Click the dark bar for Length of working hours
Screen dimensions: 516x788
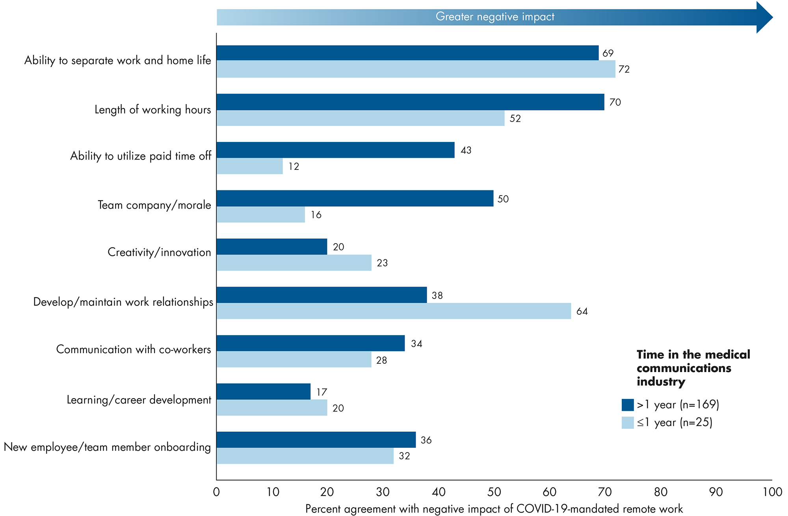(410, 102)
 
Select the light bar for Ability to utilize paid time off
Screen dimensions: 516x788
(250, 166)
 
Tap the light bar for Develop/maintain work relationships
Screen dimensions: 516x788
(394, 311)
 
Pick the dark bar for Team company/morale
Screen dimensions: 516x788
(355, 198)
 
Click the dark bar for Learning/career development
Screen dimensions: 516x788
(264, 391)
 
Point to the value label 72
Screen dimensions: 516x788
(624, 69)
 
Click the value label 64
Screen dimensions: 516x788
(582, 311)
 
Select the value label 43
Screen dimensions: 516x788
(466, 150)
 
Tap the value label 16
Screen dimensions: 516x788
(316, 215)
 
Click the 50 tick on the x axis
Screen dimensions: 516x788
(494, 492)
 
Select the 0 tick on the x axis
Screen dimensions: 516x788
(216, 492)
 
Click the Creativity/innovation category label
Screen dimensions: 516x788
(159, 252)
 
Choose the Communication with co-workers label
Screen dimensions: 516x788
(134, 349)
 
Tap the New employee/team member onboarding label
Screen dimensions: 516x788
(107, 447)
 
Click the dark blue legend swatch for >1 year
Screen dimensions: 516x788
(628, 405)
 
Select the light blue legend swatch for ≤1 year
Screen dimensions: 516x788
(628, 423)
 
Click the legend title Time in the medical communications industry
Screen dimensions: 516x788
(693, 368)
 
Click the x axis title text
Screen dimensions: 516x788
(494, 509)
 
